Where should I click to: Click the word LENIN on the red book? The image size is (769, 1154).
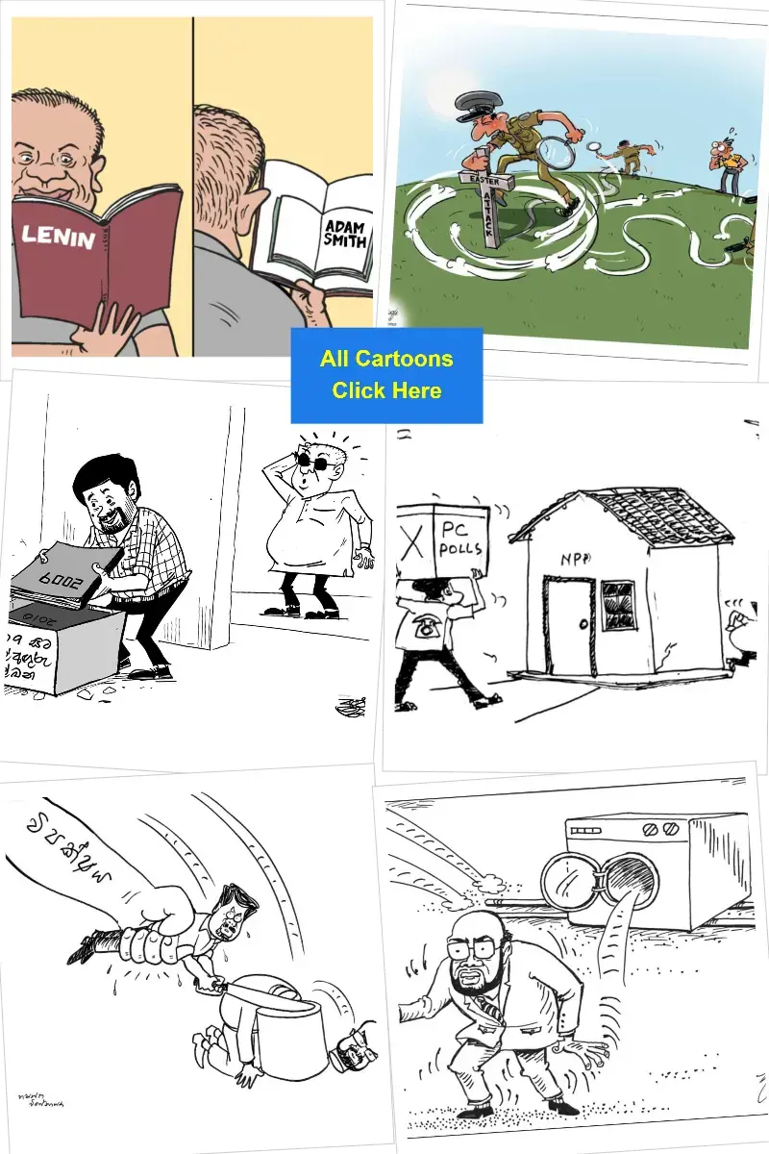[60, 233]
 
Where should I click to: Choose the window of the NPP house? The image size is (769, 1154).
[617, 604]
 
